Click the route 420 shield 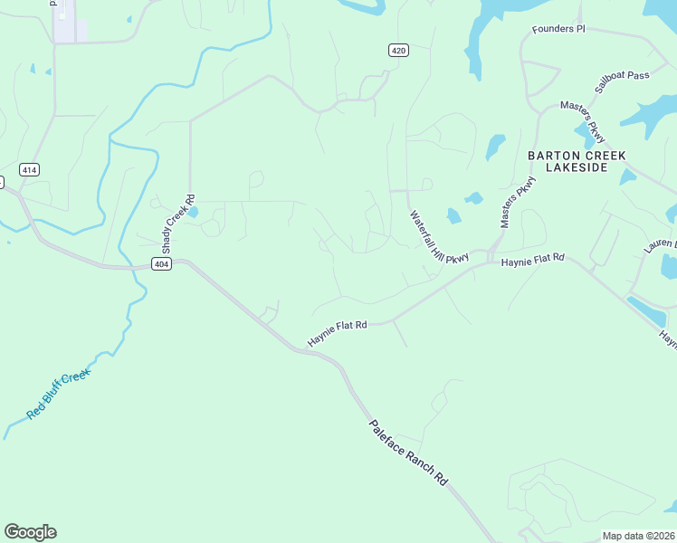pyautogui.click(x=398, y=50)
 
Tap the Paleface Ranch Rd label pyautogui.click(x=409, y=453)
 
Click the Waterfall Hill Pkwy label pyautogui.click(x=439, y=238)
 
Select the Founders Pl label pyautogui.click(x=558, y=29)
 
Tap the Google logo pyautogui.click(x=30, y=532)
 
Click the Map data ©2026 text pyautogui.click(x=638, y=536)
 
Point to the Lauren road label pyautogui.click(x=661, y=246)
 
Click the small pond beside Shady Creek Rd pyautogui.click(x=193, y=213)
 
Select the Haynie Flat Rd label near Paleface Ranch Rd pyautogui.click(x=337, y=332)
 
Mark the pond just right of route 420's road pyautogui.click(x=495, y=146)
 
